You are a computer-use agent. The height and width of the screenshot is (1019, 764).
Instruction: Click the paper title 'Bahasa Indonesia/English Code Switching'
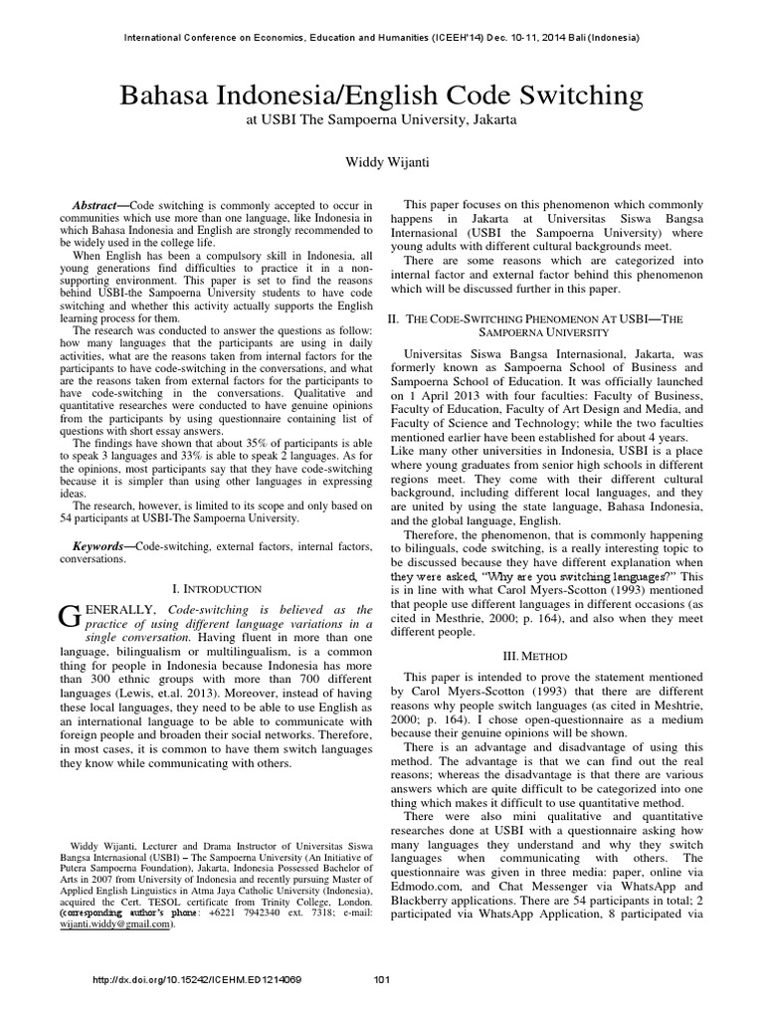click(x=382, y=96)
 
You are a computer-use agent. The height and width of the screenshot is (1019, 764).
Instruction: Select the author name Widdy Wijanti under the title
click(x=382, y=158)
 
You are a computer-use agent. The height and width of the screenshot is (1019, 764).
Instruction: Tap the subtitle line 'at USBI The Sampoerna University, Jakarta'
click(x=382, y=120)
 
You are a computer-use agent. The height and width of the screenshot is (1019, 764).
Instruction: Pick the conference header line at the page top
click(x=382, y=38)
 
